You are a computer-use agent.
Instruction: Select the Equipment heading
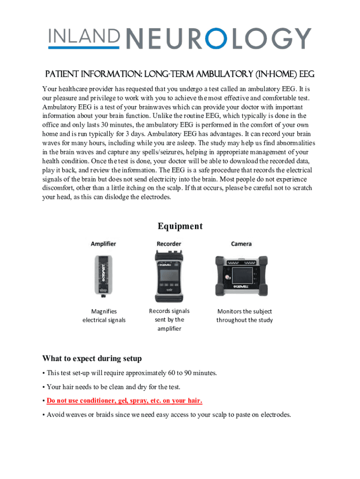click(x=180, y=226)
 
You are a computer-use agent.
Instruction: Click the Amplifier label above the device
click(x=103, y=244)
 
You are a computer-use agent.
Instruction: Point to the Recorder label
click(x=169, y=244)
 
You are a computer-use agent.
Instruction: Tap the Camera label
click(x=241, y=244)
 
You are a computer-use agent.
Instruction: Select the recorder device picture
click(x=169, y=276)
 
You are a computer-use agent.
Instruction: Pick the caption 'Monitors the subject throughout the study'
click(x=245, y=316)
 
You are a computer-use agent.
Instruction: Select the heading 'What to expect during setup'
click(x=92, y=359)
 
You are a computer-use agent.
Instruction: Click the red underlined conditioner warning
click(x=124, y=401)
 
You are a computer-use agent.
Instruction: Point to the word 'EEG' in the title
click(x=306, y=75)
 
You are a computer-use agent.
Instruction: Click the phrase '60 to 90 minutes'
click(x=192, y=373)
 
